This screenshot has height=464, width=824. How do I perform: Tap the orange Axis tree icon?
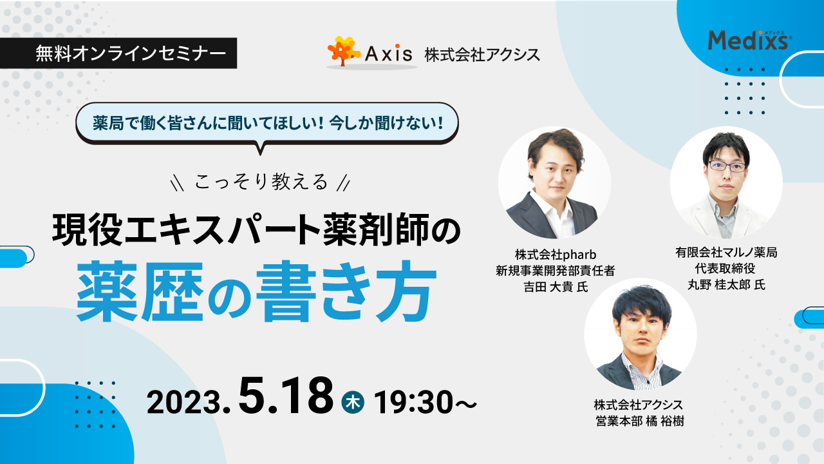pyautogui.click(x=344, y=51)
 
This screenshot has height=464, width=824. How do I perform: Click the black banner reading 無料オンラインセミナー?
pyautogui.click(x=118, y=53)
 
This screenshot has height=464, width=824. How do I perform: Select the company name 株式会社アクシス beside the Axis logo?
pyautogui.click(x=482, y=55)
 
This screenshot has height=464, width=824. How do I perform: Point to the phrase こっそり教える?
pyautogui.click(x=261, y=182)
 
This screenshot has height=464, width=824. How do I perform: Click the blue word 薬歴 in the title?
pyautogui.click(x=140, y=292)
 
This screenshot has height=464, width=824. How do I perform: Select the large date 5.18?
pyautogui.click(x=286, y=396)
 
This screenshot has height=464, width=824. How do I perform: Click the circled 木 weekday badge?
pyautogui.click(x=353, y=402)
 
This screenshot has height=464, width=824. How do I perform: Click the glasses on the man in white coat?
pyautogui.click(x=727, y=167)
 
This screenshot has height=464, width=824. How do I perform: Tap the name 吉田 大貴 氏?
pyautogui.click(x=556, y=287)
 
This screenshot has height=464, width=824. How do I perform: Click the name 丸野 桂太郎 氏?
pyautogui.click(x=726, y=285)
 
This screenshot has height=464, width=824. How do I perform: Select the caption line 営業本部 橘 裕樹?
pyautogui.click(x=640, y=421)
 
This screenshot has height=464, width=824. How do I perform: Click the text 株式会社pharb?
pyautogui.click(x=556, y=255)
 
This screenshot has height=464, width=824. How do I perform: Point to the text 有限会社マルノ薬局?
pyautogui.click(x=726, y=253)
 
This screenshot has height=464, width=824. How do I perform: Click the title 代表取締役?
pyautogui.click(x=725, y=269)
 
